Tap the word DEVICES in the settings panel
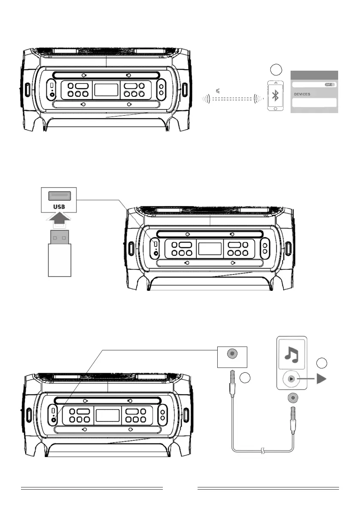coord(303,94)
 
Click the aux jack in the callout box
coord(232,354)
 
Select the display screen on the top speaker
coord(106,89)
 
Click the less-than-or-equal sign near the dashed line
coord(218,91)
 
